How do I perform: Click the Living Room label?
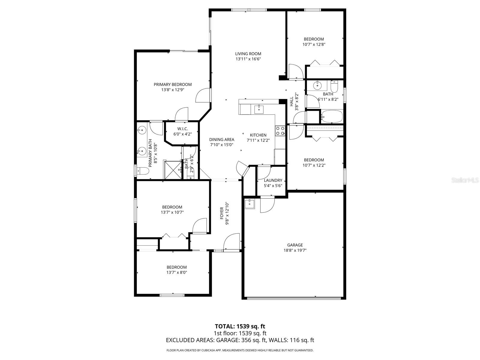[248, 54]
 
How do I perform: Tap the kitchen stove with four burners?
[280, 130]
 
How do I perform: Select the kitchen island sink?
[259, 109]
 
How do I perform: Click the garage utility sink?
[250, 204]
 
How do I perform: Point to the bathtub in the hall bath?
[332, 116]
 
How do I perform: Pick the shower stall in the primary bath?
[172, 170]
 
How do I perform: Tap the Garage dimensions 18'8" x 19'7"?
[295, 250]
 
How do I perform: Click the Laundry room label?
[273, 180]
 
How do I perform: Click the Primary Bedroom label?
[172, 85]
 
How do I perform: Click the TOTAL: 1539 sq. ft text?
[240, 326]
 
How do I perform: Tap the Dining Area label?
[221, 139]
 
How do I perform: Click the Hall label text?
[292, 102]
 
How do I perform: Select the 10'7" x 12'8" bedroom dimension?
[313, 44]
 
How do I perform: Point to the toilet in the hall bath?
[334, 87]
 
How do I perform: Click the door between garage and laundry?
[267, 205]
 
